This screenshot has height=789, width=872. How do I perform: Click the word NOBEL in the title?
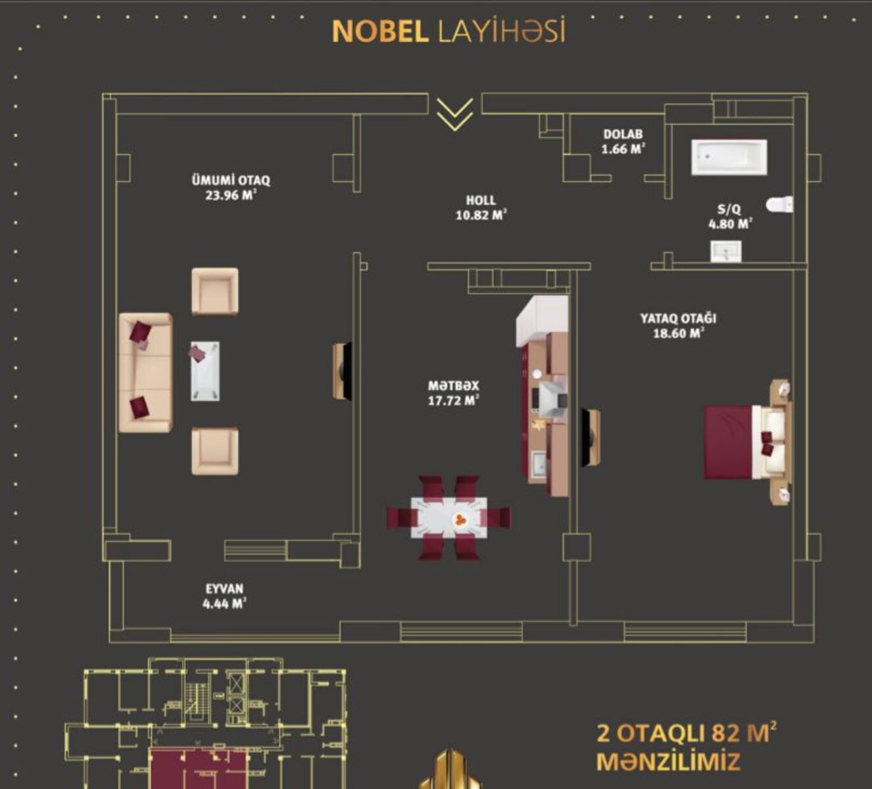click(x=380, y=32)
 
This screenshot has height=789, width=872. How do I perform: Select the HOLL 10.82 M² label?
click(x=481, y=208)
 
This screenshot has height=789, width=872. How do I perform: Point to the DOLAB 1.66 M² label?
click(x=623, y=142)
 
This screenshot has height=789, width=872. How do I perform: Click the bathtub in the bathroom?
click(x=729, y=157)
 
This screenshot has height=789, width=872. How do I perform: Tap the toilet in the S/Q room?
click(x=779, y=204)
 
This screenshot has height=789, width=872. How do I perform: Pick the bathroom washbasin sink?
click(x=726, y=252)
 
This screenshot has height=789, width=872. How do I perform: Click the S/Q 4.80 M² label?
click(x=731, y=217)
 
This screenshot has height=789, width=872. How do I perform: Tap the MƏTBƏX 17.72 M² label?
click(x=453, y=393)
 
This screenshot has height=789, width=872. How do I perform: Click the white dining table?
click(x=448, y=517)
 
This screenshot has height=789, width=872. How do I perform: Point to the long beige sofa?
click(x=145, y=373)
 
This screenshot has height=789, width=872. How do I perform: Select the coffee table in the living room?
click(x=205, y=371)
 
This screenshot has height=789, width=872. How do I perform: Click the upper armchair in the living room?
click(x=215, y=291)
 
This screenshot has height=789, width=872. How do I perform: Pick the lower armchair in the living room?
click(x=215, y=451)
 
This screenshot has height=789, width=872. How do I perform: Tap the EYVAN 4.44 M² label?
click(x=224, y=596)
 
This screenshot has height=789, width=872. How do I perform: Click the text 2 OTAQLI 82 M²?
click(x=686, y=733)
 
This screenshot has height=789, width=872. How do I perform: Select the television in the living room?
click(x=343, y=371)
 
